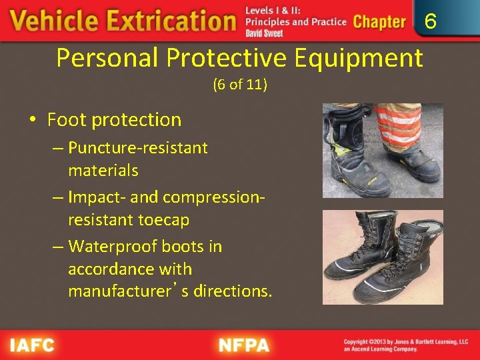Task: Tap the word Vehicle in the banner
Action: (52, 21)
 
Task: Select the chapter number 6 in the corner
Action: (431, 22)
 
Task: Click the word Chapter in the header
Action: (379, 21)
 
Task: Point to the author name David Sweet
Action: (264, 33)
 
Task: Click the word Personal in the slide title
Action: (107, 58)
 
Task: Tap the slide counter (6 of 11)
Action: (240, 85)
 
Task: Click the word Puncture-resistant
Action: (138, 147)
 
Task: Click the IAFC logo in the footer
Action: (32, 345)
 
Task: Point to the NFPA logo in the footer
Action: (244, 345)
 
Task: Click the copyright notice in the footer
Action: (405, 345)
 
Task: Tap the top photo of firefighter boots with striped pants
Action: (382, 150)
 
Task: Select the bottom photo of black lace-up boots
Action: (382, 257)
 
